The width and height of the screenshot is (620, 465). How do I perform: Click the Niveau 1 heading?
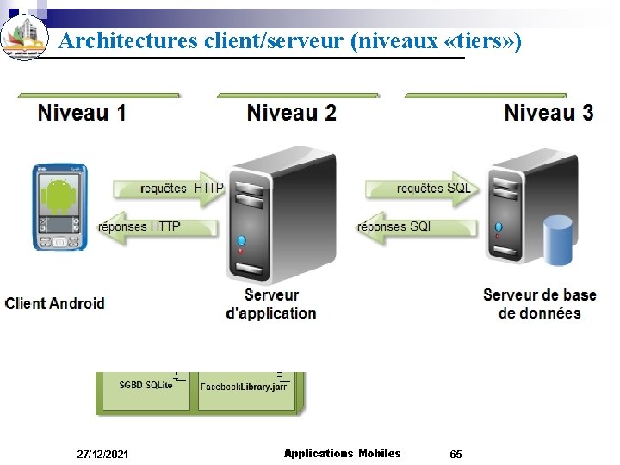[x=82, y=113]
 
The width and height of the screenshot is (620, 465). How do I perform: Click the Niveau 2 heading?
[x=291, y=113]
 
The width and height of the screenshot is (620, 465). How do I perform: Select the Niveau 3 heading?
[x=549, y=113]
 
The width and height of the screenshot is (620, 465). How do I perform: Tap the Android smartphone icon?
[x=60, y=207]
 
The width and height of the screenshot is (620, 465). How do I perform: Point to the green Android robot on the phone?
[x=59, y=195]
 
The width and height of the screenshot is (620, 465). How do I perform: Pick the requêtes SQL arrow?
[x=422, y=189]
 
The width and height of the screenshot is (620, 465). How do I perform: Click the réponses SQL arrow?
[x=405, y=227]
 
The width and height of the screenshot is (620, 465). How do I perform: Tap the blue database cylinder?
[x=557, y=241]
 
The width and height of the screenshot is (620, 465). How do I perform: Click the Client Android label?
[x=55, y=303]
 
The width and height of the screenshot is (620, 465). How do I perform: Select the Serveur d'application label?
[x=270, y=304]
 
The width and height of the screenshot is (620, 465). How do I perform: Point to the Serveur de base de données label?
[x=540, y=304]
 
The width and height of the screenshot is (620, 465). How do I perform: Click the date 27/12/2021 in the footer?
[x=102, y=454]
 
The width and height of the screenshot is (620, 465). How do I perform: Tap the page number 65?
[x=456, y=454]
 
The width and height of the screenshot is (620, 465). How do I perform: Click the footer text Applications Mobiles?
[x=342, y=453]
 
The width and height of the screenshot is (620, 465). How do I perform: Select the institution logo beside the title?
[x=24, y=35]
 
